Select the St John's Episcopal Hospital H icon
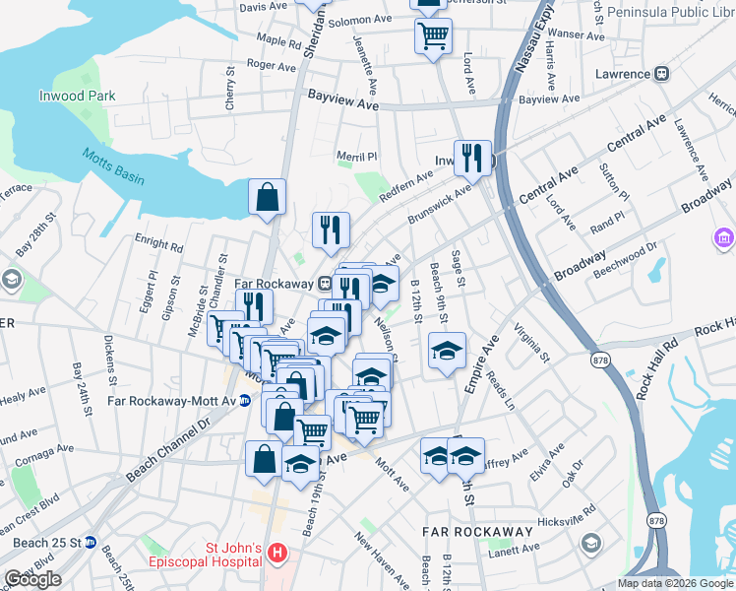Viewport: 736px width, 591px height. (278, 555)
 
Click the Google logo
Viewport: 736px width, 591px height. (32, 579)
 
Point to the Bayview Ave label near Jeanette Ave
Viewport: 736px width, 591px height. (342, 100)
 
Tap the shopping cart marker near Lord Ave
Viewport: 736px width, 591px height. (433, 37)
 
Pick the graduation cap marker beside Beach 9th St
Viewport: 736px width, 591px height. (447, 351)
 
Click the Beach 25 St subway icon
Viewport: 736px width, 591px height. (91, 542)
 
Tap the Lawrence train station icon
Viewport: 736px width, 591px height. (662, 73)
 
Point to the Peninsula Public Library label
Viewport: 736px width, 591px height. (670, 13)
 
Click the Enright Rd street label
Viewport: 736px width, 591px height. (156, 243)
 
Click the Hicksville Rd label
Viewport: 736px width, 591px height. (568, 517)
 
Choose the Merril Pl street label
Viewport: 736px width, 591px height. (357, 157)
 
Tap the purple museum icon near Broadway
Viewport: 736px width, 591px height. (723, 237)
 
